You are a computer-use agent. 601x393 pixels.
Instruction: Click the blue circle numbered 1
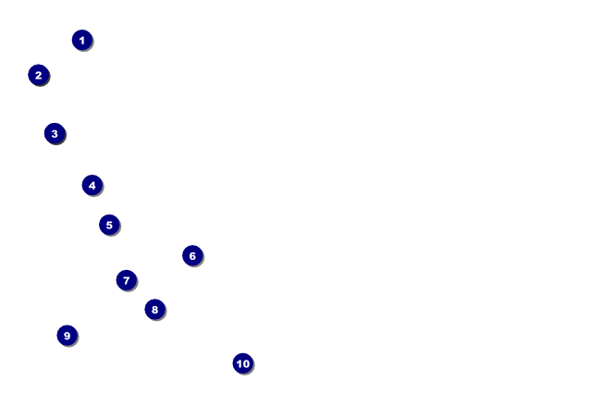click(82, 40)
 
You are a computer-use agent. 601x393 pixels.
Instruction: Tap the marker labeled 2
click(38, 75)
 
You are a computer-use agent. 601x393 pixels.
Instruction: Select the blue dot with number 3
click(55, 133)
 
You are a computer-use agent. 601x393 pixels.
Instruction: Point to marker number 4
click(92, 185)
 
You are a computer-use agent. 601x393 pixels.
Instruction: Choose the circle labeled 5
click(109, 225)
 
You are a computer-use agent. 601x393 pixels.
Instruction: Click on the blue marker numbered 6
click(192, 256)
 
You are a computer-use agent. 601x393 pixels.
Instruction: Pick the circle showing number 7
click(127, 280)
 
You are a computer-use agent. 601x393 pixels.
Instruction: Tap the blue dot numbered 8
click(154, 309)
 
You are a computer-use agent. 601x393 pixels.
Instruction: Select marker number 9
click(67, 336)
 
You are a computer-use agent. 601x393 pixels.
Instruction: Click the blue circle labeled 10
click(242, 363)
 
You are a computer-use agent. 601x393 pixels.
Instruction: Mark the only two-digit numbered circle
click(242, 363)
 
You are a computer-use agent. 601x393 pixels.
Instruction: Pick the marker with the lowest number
click(82, 40)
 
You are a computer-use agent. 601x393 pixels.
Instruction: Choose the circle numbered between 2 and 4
click(55, 133)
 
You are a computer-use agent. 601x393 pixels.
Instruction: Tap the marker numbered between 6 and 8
click(127, 280)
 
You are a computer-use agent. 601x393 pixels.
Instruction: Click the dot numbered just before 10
click(67, 336)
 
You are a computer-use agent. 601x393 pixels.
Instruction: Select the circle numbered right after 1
click(38, 75)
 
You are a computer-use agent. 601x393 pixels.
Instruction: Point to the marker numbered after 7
click(154, 309)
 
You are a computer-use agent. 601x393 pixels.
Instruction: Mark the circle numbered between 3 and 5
click(92, 185)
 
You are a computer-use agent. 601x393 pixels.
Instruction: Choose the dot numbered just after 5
click(192, 256)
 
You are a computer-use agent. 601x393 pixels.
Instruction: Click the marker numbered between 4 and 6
click(109, 225)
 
